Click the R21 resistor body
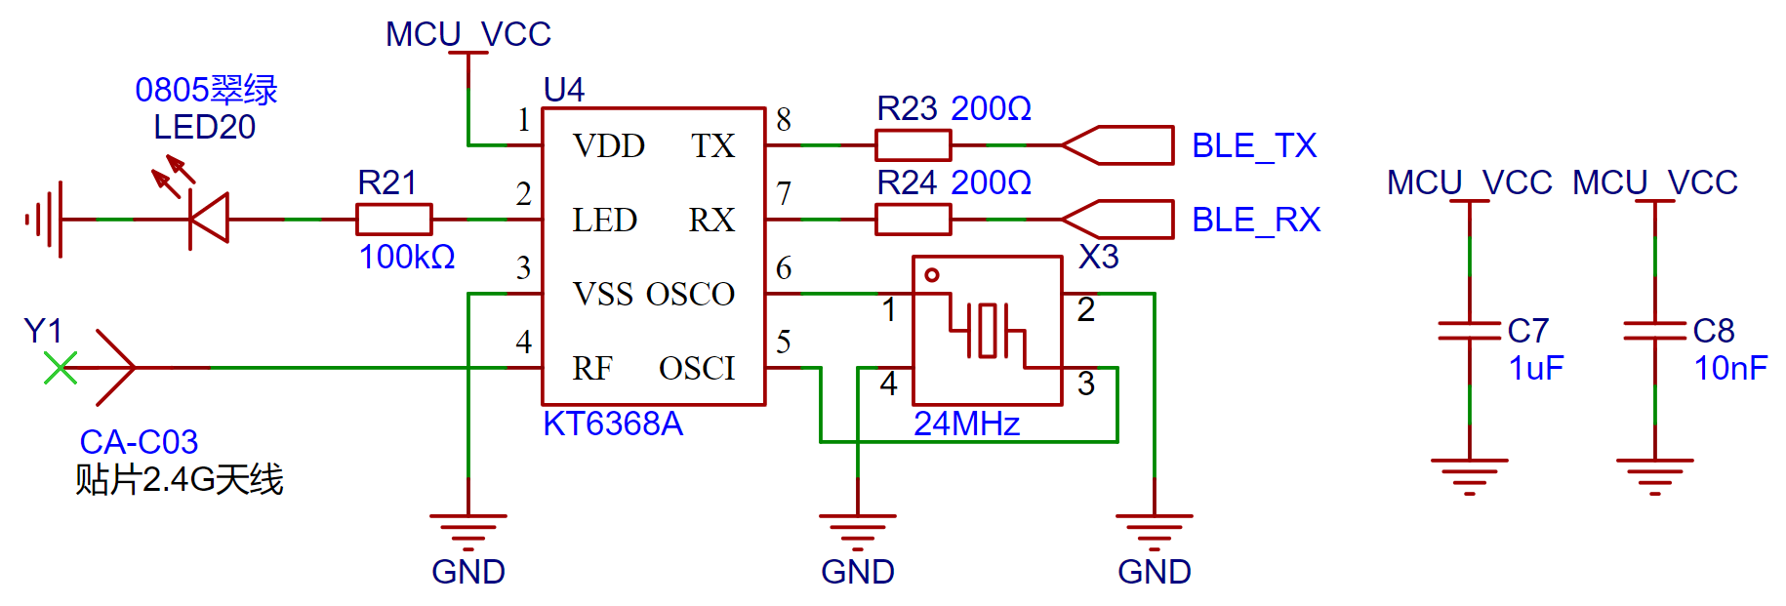pyautogui.click(x=393, y=220)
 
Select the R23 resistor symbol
pyautogui.click(x=913, y=145)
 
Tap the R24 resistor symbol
pyautogui.click(x=913, y=220)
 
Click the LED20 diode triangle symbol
pyautogui.click(x=208, y=219)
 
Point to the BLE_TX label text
pyautogui.click(x=1254, y=146)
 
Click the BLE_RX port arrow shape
pyautogui.click(x=1117, y=220)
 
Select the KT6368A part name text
pyautogui.click(x=613, y=424)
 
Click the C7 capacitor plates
pyautogui.click(x=1469, y=331)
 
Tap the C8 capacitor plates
pyautogui.click(x=1654, y=331)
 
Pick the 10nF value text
pyautogui.click(x=1730, y=369)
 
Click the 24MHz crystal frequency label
pyautogui.click(x=966, y=424)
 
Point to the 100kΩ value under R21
pyautogui.click(x=407, y=258)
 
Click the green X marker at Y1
pyautogui.click(x=61, y=368)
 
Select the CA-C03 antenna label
pyautogui.click(x=139, y=443)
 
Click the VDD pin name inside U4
pyautogui.click(x=609, y=146)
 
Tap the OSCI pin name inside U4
pyautogui.click(x=697, y=369)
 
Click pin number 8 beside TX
pyautogui.click(x=784, y=120)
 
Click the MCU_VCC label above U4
pyautogui.click(x=468, y=34)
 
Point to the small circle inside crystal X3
pyautogui.click(x=932, y=275)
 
